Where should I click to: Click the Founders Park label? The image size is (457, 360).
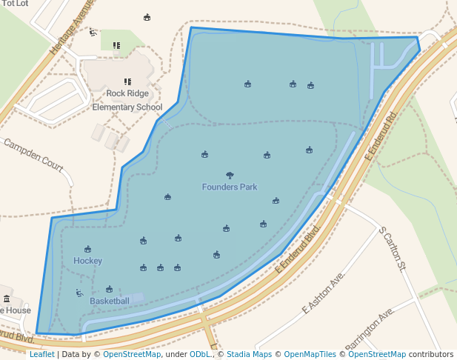click(230, 187)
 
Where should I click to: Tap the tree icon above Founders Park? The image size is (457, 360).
click(230, 176)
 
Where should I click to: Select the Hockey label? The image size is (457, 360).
click(87, 261)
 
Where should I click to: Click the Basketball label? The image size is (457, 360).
click(110, 301)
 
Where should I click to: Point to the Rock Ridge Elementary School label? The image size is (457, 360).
click(127, 100)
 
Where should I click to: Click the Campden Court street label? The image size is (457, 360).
click(33, 154)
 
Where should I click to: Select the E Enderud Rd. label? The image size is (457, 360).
click(381, 136)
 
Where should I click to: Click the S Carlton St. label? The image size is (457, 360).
click(393, 248)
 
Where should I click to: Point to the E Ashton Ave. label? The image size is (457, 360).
click(324, 292)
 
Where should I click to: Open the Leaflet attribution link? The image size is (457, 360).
click(41, 354)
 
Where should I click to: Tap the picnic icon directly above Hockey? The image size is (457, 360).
click(87, 250)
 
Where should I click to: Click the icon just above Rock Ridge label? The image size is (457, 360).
click(127, 81)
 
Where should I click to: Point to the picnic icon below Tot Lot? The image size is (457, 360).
click(147, 18)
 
